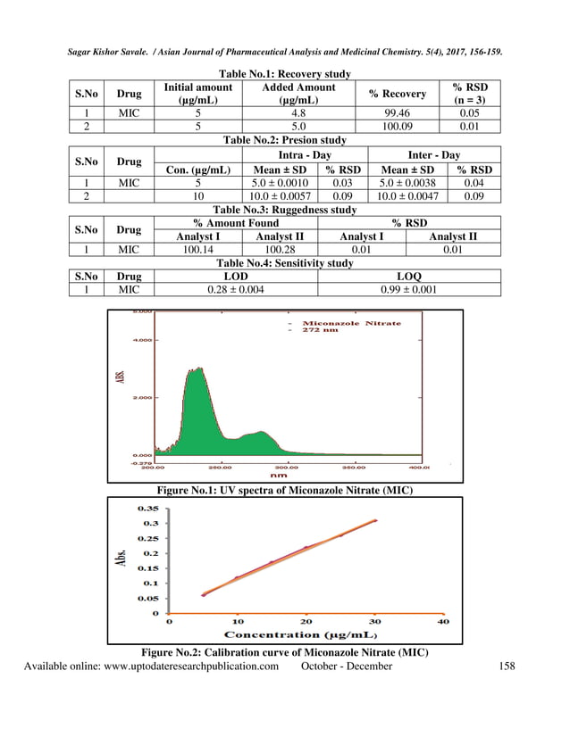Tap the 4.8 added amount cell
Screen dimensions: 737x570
coord(298,113)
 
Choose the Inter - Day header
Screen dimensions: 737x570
coord(433,155)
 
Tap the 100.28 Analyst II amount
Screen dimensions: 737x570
coord(280,250)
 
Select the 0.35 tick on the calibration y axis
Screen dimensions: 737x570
coord(147,509)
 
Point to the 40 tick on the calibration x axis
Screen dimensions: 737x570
coord(442,622)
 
